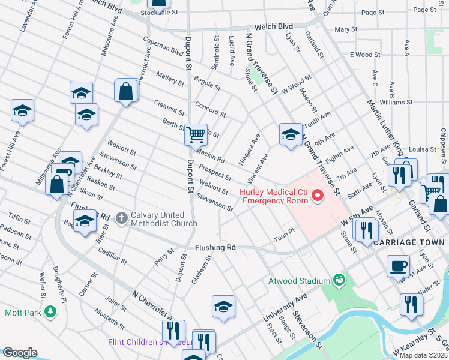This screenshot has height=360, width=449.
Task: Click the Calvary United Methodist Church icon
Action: pyautogui.click(x=121, y=217)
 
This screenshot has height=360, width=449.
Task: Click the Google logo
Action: pyautogui.click(x=20, y=353)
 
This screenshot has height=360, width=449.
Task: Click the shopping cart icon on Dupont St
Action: pyautogui.click(x=196, y=135)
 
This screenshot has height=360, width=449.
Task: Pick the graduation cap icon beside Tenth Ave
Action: pyautogui.click(x=290, y=134)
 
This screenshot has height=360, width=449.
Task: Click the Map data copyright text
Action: pyautogui.click(x=423, y=355)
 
